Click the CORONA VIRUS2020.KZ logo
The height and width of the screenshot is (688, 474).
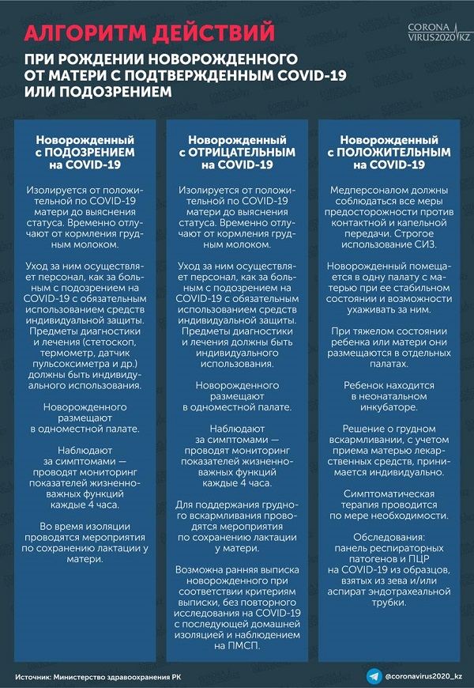click(x=438, y=32)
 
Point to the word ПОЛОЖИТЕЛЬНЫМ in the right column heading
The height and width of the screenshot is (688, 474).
click(x=393, y=152)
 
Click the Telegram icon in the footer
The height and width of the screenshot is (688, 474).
click(x=373, y=676)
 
